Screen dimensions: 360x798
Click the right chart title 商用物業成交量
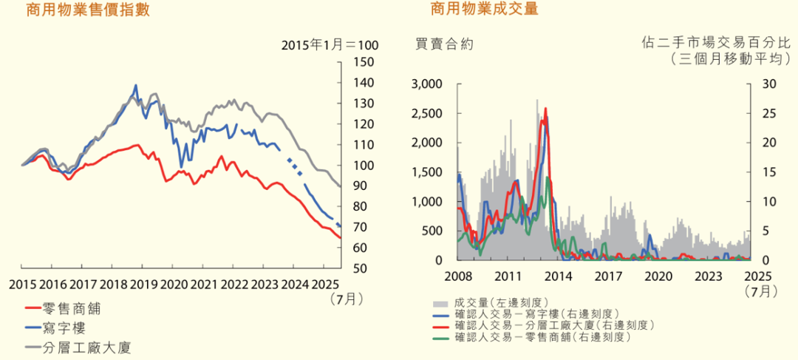[x=485, y=10]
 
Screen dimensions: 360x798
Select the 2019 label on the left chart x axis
[x=143, y=285]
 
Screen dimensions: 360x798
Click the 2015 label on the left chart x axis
[x=23, y=285]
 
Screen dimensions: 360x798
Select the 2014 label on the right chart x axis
[x=558, y=276]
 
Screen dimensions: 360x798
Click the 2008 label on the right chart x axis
[x=459, y=276]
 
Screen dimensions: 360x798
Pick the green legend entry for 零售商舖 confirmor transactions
[x=543, y=337]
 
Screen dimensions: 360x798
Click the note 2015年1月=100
[x=330, y=45]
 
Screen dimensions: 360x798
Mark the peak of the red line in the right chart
[x=546, y=109]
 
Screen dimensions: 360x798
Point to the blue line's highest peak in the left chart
[x=136, y=85]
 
